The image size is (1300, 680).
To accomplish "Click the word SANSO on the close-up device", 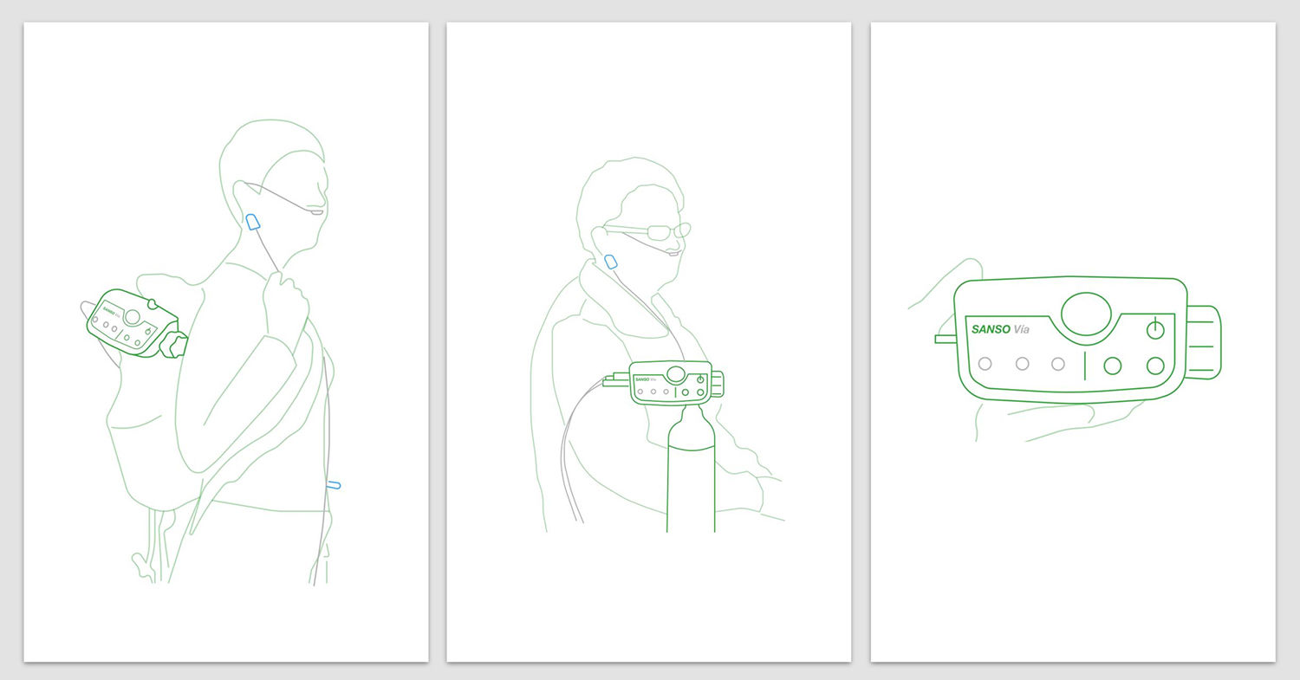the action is (991, 329).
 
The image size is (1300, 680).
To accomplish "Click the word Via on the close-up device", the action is (1022, 329).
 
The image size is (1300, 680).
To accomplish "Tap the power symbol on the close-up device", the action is (1155, 329).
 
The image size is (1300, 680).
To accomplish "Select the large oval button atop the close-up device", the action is (1086, 314).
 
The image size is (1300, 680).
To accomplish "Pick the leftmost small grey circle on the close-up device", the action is (985, 364).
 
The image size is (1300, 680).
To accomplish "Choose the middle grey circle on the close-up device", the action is (1022, 364).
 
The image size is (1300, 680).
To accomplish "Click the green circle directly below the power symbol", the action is (1155, 366).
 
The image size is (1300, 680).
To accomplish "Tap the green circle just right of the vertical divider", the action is (1112, 366).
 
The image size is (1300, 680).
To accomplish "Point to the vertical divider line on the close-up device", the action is (1085, 366).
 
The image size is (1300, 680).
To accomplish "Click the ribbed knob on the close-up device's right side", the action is (1203, 342).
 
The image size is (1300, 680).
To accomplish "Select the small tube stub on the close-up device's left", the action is (945, 339).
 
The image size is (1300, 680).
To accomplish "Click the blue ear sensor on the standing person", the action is (252, 222).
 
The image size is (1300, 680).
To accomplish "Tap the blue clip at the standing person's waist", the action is (334, 484).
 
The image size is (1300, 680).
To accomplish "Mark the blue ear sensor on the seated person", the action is (610, 262).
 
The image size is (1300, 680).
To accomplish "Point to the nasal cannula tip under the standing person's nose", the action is (317, 212).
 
